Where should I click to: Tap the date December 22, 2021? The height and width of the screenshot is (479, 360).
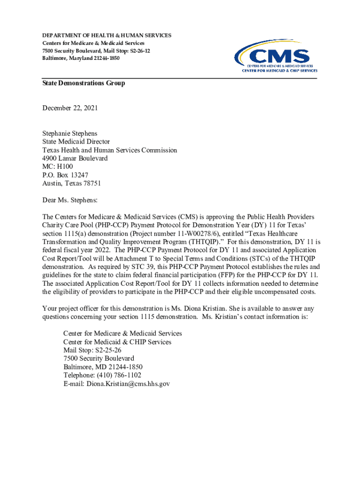pyautogui.click(x=70, y=108)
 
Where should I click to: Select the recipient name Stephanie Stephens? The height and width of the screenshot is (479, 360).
pyautogui.click(x=70, y=133)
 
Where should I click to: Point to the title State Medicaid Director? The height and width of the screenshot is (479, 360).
pyautogui.click(x=76, y=142)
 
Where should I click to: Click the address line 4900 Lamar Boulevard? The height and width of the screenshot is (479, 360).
pyautogui.click(x=75, y=159)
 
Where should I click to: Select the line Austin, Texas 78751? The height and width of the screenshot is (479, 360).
pyautogui.click(x=72, y=183)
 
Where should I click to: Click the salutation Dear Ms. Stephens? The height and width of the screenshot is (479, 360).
pyautogui.click(x=70, y=200)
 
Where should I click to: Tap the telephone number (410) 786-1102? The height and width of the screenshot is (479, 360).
pyautogui.click(x=119, y=375)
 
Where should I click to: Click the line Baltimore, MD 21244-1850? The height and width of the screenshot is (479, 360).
pyautogui.click(x=103, y=367)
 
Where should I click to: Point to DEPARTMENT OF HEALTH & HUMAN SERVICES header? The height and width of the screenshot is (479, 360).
pyautogui.click(x=107, y=36)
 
